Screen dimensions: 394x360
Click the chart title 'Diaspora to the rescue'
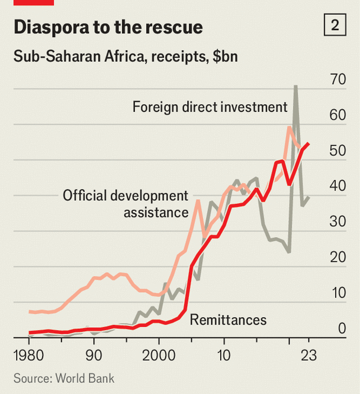[x=108, y=27]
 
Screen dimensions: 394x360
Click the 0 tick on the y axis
[x=341, y=328]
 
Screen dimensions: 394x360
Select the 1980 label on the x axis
[x=29, y=356]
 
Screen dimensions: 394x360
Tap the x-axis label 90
[x=94, y=356]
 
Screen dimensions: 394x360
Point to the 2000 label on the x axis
[x=159, y=356]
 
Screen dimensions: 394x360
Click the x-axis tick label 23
[x=308, y=356]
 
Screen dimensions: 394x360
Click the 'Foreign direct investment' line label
[x=210, y=107]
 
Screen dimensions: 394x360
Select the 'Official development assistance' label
[x=125, y=203]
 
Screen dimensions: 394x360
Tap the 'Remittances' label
[x=228, y=321]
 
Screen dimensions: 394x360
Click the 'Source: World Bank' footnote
[x=64, y=378]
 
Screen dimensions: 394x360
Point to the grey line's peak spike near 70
[x=295, y=87]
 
